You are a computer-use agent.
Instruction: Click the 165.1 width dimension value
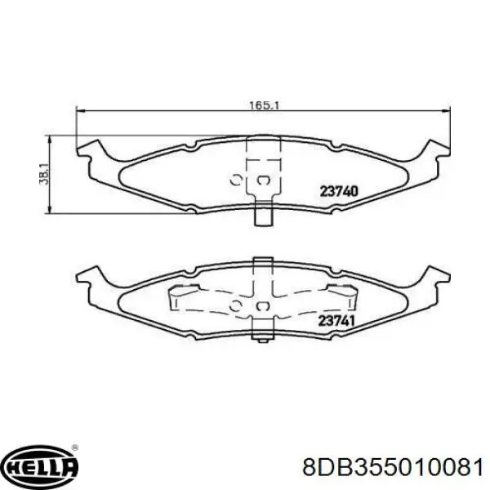coord(264,105)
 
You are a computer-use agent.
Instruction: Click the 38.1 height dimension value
coord(44,174)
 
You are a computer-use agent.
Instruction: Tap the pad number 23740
coord(338,191)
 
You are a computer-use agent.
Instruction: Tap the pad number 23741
coord(336,321)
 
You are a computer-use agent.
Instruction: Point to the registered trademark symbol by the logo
coord(75,448)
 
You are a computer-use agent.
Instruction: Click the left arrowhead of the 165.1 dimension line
coord(81,110)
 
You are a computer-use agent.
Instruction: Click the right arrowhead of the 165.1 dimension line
coord(446,110)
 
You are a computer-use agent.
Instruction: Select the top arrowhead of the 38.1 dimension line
coord(48,140)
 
